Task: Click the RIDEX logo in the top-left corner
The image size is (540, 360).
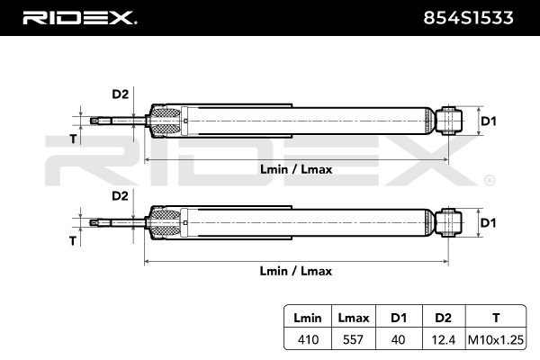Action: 78,17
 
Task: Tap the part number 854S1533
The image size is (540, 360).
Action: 474,17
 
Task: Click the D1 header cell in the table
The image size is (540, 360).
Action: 397,318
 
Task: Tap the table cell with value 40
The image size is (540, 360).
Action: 397,339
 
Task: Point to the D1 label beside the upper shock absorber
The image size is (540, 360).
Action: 488,120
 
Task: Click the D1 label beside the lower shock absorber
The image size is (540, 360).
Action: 488,221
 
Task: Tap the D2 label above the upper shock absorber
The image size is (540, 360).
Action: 120,94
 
